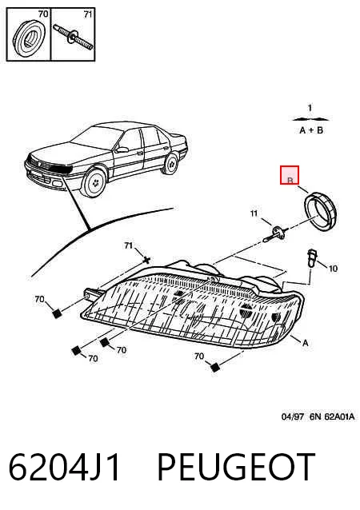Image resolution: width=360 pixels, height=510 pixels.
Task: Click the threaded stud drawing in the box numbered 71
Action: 74,37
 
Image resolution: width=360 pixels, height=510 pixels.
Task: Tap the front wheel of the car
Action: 95,183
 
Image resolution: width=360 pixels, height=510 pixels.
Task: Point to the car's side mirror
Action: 122,149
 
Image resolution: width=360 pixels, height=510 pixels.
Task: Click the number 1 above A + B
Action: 310,108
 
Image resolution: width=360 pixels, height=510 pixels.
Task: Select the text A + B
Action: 311,130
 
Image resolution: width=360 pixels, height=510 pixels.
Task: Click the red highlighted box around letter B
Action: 290,175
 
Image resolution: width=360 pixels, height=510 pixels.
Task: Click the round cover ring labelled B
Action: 321,211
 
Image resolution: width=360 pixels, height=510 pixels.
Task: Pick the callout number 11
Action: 254,213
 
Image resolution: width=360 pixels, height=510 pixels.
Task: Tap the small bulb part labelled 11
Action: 276,233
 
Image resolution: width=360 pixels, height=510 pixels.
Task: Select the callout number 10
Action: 333,269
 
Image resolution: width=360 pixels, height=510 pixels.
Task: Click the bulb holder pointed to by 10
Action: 313,258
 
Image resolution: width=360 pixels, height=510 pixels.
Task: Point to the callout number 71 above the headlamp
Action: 129,245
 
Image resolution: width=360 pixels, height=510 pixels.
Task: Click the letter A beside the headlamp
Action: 305,343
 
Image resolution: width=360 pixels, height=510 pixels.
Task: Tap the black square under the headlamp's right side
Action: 215,367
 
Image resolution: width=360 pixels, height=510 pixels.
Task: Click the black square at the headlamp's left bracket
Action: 57,313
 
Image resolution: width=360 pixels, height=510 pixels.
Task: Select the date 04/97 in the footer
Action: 292,416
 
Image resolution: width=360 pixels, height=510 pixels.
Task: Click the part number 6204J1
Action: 64,467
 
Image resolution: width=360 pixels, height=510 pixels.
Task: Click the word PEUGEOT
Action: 236,467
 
